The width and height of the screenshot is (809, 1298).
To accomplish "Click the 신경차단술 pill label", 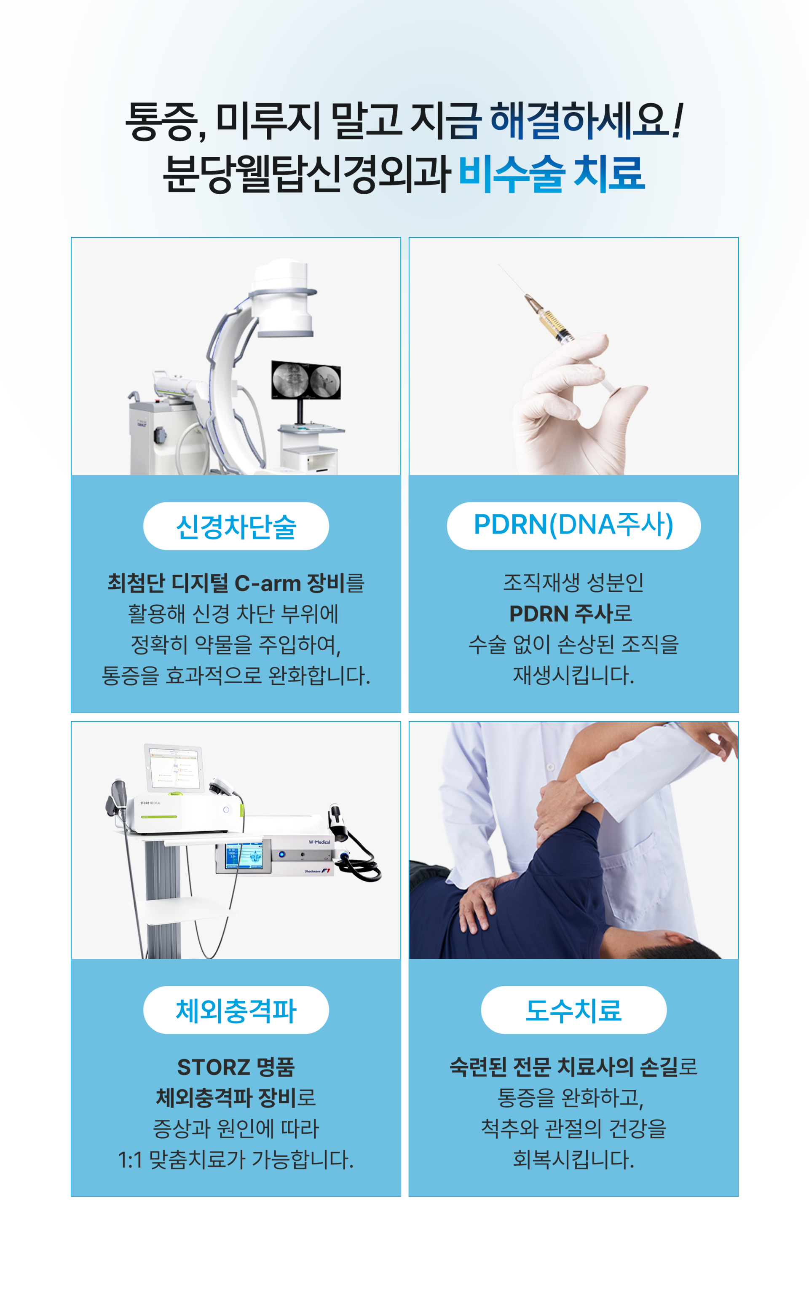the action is click(236, 526).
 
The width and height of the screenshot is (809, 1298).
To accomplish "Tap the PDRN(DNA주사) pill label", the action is click(573, 526).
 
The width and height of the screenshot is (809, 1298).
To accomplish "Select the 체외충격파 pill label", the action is click(236, 1010).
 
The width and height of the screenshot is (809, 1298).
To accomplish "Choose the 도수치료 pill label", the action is click(573, 1010).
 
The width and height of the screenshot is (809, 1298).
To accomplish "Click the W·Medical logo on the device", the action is click(319, 842).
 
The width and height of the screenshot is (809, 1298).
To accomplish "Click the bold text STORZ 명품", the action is click(236, 1067).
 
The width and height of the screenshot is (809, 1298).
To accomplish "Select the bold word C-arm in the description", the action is click(268, 583).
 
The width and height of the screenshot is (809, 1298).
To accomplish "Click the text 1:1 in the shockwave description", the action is click(130, 1160).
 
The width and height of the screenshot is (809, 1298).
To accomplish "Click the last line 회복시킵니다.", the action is click(573, 1160).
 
